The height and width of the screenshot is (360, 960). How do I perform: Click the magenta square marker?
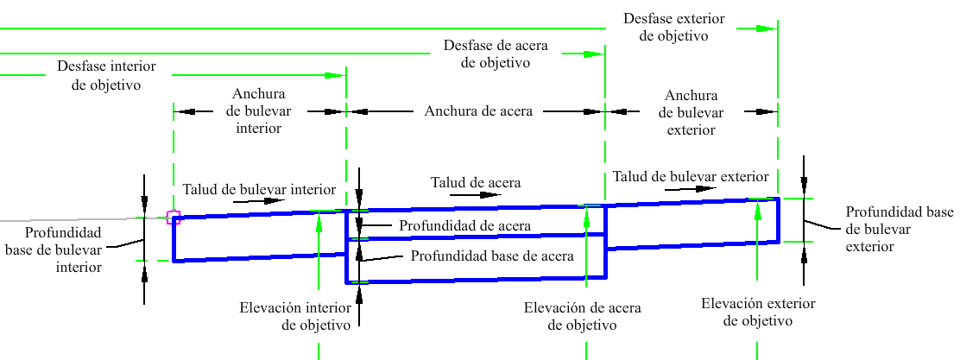174,218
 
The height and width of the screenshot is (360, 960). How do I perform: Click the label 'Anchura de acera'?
479,111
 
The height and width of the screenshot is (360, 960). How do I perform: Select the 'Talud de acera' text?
477,182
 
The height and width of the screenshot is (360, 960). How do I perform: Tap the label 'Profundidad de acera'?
464,225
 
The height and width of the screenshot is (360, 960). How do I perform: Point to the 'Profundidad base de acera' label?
492,256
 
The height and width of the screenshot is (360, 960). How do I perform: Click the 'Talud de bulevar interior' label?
260,188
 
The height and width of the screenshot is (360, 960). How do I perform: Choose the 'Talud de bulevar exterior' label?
691,177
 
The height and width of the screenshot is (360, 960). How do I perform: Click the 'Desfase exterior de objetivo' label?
673,27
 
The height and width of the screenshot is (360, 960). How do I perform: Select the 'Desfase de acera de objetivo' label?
496,54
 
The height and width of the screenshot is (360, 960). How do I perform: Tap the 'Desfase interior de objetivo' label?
106,75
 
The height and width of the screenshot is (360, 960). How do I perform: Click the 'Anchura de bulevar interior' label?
259,111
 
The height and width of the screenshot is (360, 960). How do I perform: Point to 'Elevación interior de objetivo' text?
295,316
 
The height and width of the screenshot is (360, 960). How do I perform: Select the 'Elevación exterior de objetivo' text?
758,313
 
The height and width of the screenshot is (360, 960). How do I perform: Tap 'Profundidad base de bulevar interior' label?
54,249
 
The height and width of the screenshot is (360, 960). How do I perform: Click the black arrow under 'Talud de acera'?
476,195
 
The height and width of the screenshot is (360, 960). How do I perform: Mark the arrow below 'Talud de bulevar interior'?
260,200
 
